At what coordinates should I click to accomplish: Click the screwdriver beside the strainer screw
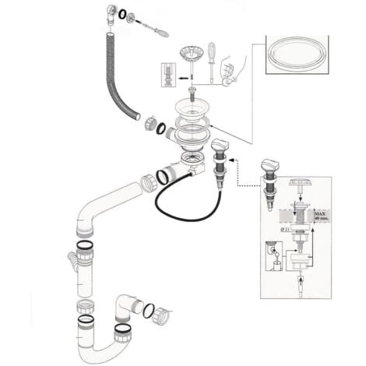[x=210, y=62]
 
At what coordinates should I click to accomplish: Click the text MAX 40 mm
[x=321, y=215]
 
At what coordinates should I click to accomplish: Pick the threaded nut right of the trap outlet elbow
[x=163, y=316]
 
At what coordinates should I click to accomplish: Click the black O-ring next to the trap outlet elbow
[x=149, y=310]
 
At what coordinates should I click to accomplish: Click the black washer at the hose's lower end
[x=159, y=127]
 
